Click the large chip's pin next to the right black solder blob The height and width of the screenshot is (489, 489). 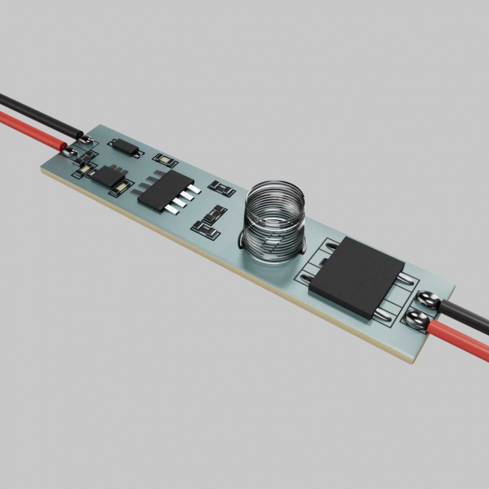tap(403, 281)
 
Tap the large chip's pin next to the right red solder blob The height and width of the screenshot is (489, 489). tap(382, 313)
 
